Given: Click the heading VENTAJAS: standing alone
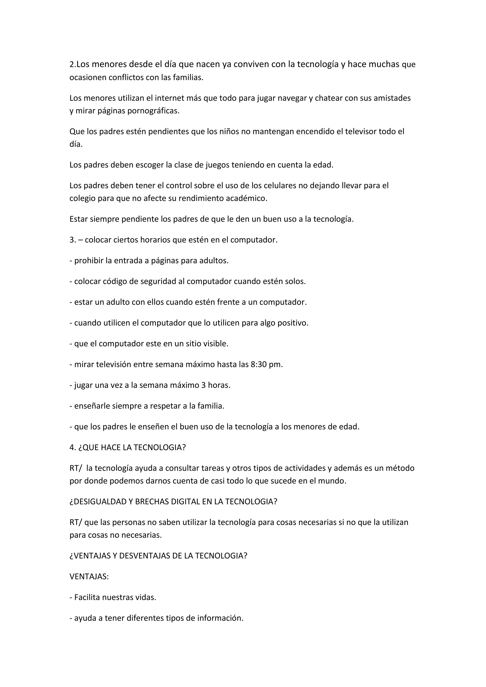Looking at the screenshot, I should (89, 577).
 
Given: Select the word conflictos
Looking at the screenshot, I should (126, 78).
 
